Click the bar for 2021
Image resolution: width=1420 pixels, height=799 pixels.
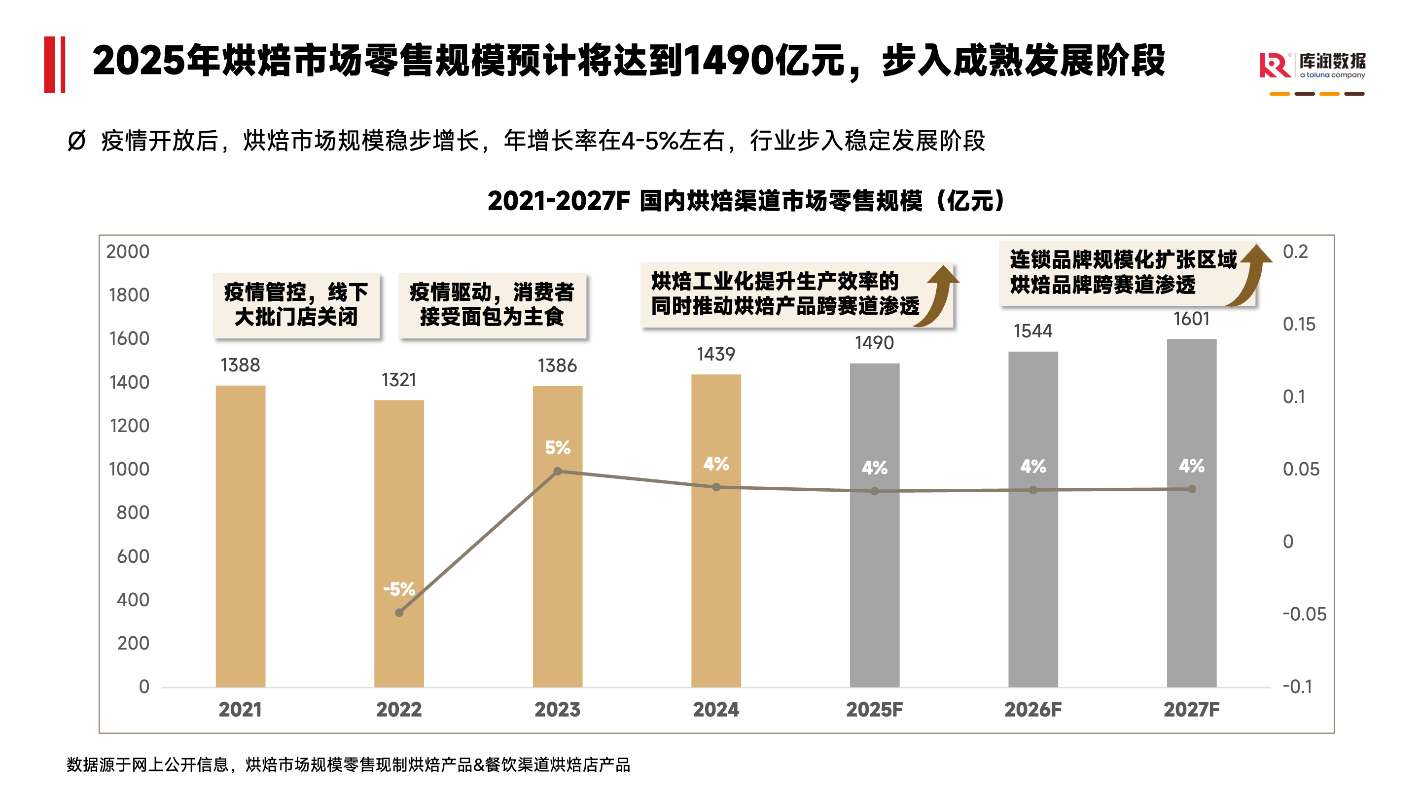coord(240,536)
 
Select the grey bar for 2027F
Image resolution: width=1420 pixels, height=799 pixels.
coord(1191,513)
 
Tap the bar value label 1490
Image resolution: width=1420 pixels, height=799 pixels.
coord(874,343)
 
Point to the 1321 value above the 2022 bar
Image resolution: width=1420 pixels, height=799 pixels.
coord(398,380)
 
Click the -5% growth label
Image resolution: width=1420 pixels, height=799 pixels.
coord(398,589)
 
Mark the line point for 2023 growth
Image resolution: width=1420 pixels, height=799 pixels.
coord(557,472)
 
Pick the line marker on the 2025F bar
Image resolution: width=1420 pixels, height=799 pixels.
coord(875,491)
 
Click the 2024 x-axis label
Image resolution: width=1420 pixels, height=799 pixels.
coord(715,710)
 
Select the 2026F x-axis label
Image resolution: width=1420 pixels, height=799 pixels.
coord(1032,710)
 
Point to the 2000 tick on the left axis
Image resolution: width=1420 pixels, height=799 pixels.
coord(128,252)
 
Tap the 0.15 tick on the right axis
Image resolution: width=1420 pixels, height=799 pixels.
coord(1299,324)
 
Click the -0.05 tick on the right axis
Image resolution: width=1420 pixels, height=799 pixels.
coord(1304,614)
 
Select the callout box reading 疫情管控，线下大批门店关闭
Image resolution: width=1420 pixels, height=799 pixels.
coord(296,305)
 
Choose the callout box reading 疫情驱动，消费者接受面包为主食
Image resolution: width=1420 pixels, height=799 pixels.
coord(492,305)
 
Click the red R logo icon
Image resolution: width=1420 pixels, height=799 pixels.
coord(1275,66)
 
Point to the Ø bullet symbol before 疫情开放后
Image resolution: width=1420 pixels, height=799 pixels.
coord(76,141)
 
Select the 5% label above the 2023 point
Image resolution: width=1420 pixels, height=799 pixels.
coord(557,448)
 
